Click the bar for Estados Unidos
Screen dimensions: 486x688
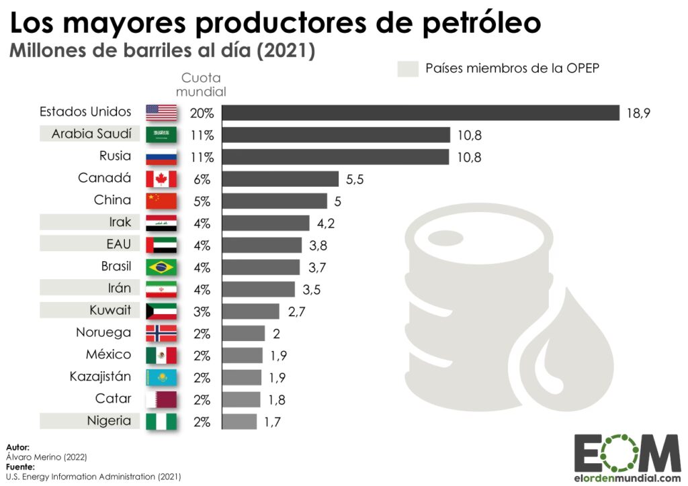click(x=420, y=113)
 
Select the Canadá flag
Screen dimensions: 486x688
click(x=161, y=179)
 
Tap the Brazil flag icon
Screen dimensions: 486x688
click(x=161, y=267)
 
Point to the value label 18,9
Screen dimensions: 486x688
click(x=638, y=113)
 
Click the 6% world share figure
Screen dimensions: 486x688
click(x=202, y=179)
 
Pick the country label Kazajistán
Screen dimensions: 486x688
click(x=100, y=377)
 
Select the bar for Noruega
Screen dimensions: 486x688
click(x=243, y=333)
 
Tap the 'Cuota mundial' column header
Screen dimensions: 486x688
click(x=202, y=85)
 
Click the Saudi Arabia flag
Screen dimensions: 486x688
click(x=161, y=135)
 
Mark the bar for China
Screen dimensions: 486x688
click(x=274, y=201)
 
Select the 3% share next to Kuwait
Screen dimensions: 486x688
click(x=202, y=311)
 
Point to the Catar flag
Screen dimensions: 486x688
click(x=161, y=399)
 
